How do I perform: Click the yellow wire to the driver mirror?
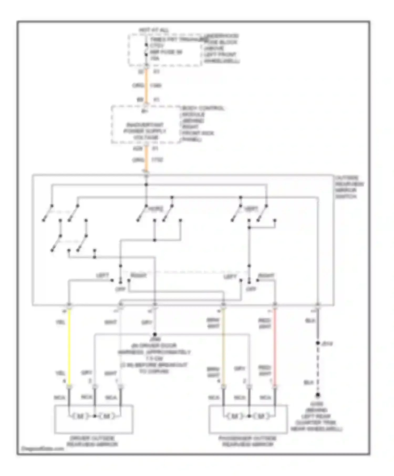69,346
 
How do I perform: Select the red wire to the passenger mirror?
275,346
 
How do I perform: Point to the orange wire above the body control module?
146,85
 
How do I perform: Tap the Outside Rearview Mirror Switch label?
349,187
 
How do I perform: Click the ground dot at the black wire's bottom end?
318,395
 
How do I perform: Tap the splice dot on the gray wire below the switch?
155,334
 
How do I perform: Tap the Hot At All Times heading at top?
154,30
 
